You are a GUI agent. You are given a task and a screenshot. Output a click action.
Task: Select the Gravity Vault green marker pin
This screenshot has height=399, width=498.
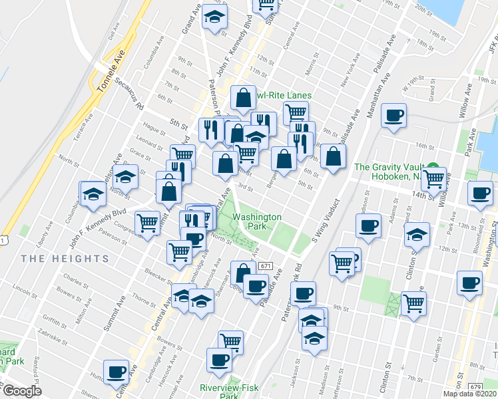click(432, 168)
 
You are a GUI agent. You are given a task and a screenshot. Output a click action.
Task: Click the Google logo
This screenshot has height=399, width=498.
click(22, 392)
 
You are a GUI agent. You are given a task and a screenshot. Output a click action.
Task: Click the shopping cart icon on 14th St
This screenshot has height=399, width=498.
click(434, 177)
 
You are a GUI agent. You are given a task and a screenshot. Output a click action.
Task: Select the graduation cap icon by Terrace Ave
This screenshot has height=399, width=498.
click(93, 194)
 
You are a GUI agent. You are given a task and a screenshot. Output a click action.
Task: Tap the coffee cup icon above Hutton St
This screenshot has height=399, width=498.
click(117, 371)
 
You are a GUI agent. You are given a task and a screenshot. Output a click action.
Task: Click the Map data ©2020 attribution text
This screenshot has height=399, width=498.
click(470, 394)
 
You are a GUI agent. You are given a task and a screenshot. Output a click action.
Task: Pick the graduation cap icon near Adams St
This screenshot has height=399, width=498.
click(417, 235)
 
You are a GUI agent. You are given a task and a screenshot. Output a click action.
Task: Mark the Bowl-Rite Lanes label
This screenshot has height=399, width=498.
click(283, 96)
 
